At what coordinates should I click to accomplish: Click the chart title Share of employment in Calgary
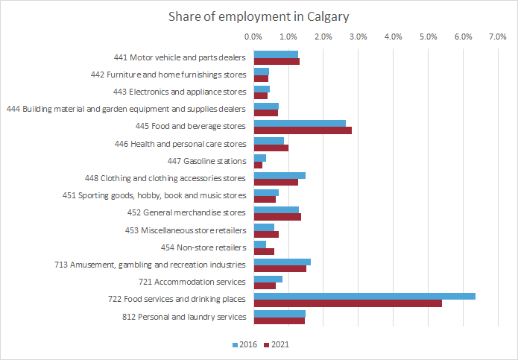point(258,16)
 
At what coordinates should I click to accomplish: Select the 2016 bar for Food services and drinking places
point(364,296)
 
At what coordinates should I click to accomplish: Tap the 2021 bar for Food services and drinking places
point(347,303)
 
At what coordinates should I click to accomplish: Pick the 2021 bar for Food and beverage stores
point(303,130)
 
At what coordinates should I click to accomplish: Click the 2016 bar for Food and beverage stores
point(300,123)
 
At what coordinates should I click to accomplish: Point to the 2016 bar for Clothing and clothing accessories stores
point(279,175)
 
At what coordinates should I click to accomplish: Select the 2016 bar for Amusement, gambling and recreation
point(282,262)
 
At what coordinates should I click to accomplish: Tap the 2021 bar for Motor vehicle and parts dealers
point(277,61)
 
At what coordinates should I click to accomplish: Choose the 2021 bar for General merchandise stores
point(277,217)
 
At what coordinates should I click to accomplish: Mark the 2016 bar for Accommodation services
point(268,279)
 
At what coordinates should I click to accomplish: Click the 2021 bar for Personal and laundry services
point(279,320)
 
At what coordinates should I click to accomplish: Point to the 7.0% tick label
point(498,37)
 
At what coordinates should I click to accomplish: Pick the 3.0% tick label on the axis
point(359,37)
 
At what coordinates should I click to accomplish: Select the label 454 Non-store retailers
point(203,247)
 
